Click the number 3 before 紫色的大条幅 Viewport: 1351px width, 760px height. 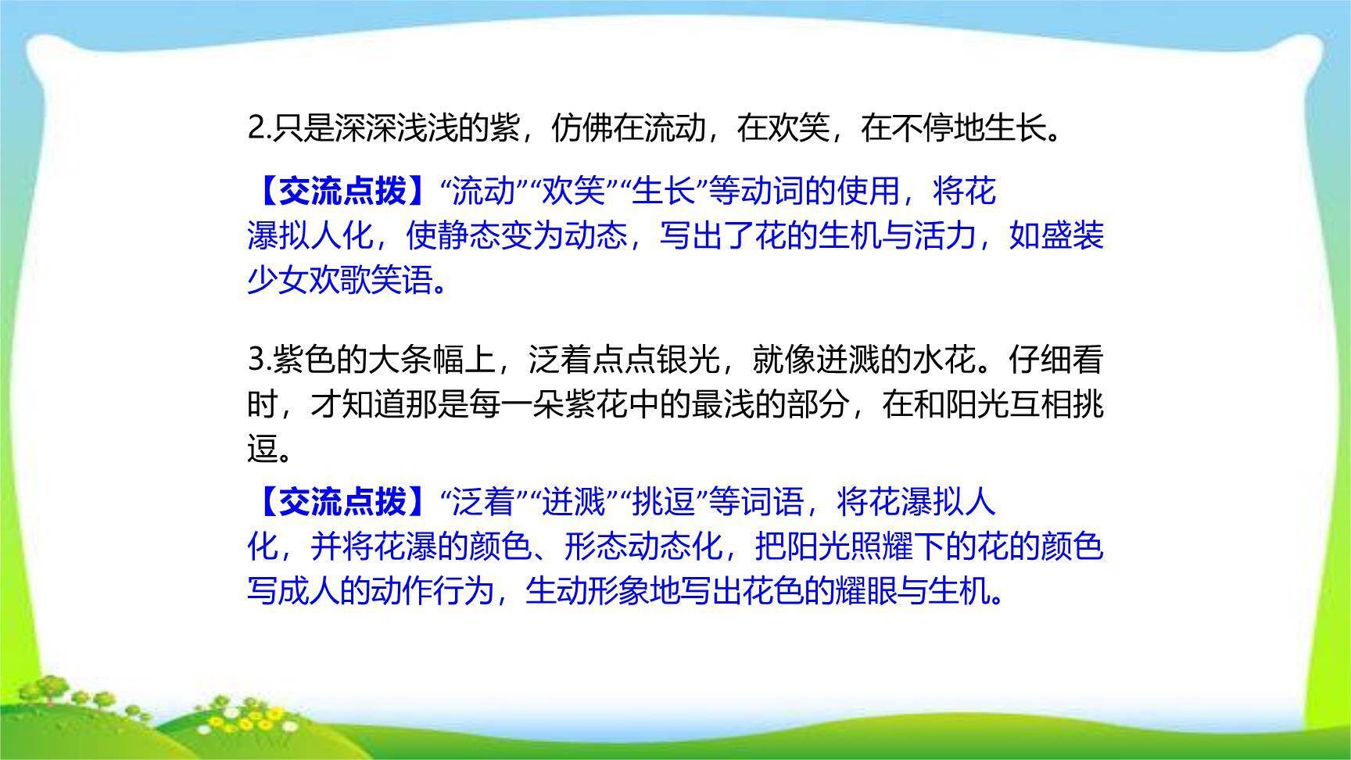point(256,360)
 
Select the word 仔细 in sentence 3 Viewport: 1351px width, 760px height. point(1040,360)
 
